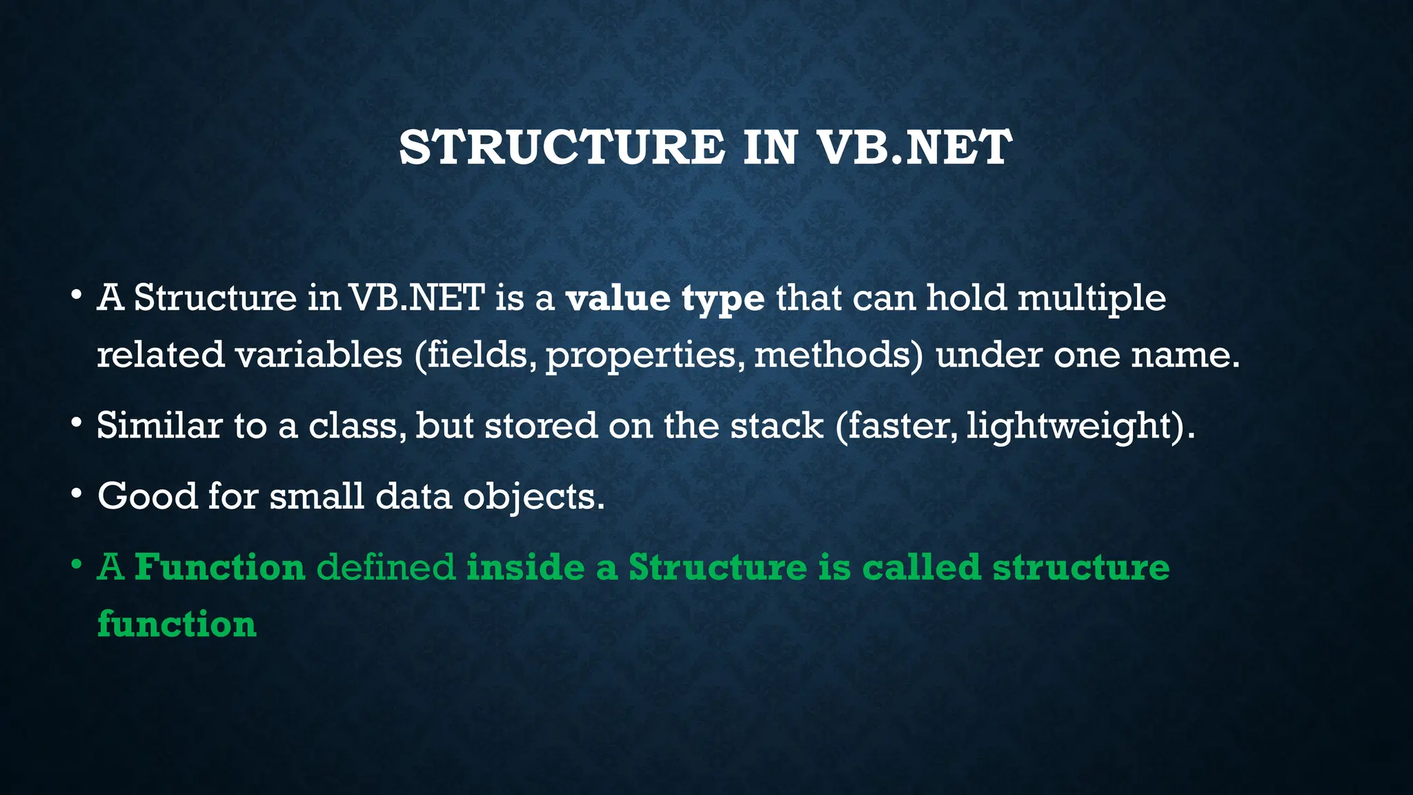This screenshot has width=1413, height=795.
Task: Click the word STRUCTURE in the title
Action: [x=562, y=148]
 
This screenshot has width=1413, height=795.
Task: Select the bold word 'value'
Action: [x=617, y=298]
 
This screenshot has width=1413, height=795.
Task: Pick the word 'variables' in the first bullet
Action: [x=318, y=355]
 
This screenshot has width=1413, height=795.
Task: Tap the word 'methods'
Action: [x=837, y=355]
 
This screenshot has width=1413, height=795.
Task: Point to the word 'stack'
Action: [x=777, y=425]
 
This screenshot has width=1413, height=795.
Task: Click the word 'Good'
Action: [x=147, y=495]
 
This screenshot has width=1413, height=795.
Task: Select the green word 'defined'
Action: [x=386, y=567]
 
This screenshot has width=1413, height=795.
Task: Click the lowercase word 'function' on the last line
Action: [x=177, y=624]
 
